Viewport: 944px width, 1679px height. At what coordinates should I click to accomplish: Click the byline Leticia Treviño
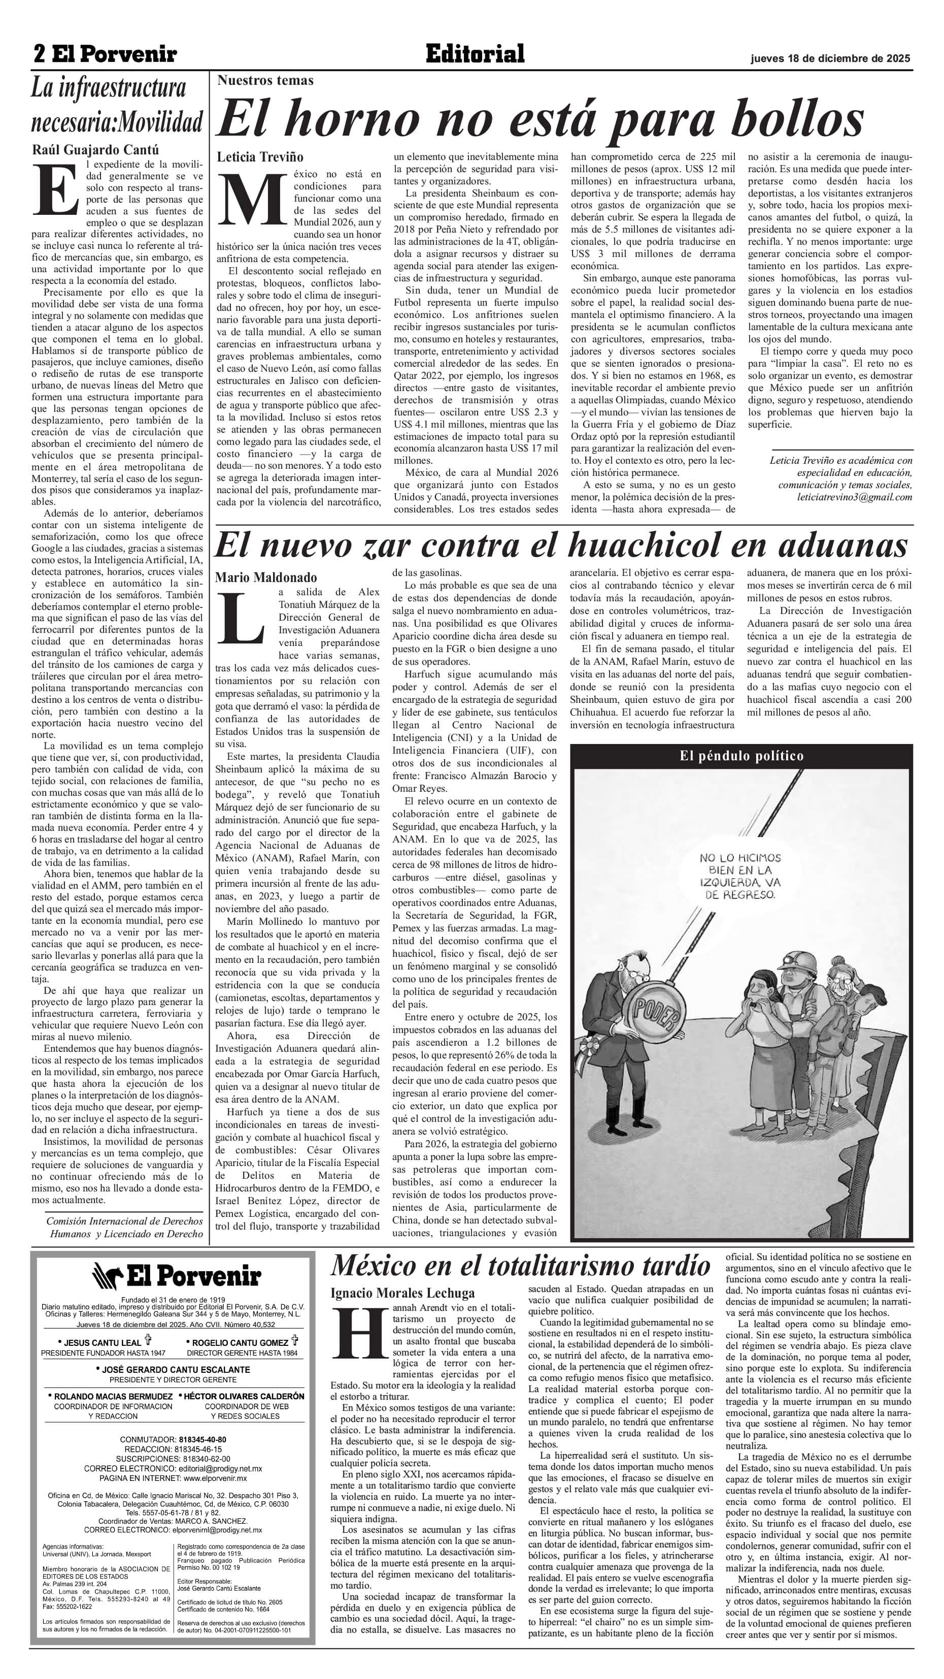(x=260, y=157)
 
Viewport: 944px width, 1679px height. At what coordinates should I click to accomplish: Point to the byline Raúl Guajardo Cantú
(x=96, y=150)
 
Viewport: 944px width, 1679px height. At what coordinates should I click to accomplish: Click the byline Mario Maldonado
(x=266, y=577)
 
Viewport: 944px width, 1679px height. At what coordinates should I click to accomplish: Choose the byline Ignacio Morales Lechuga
(x=402, y=1293)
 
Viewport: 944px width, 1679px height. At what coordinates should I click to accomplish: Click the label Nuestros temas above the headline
(x=265, y=80)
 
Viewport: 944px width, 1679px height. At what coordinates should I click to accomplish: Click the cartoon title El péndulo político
(x=741, y=755)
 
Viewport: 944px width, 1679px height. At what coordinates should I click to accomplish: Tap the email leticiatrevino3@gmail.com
(x=854, y=497)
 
